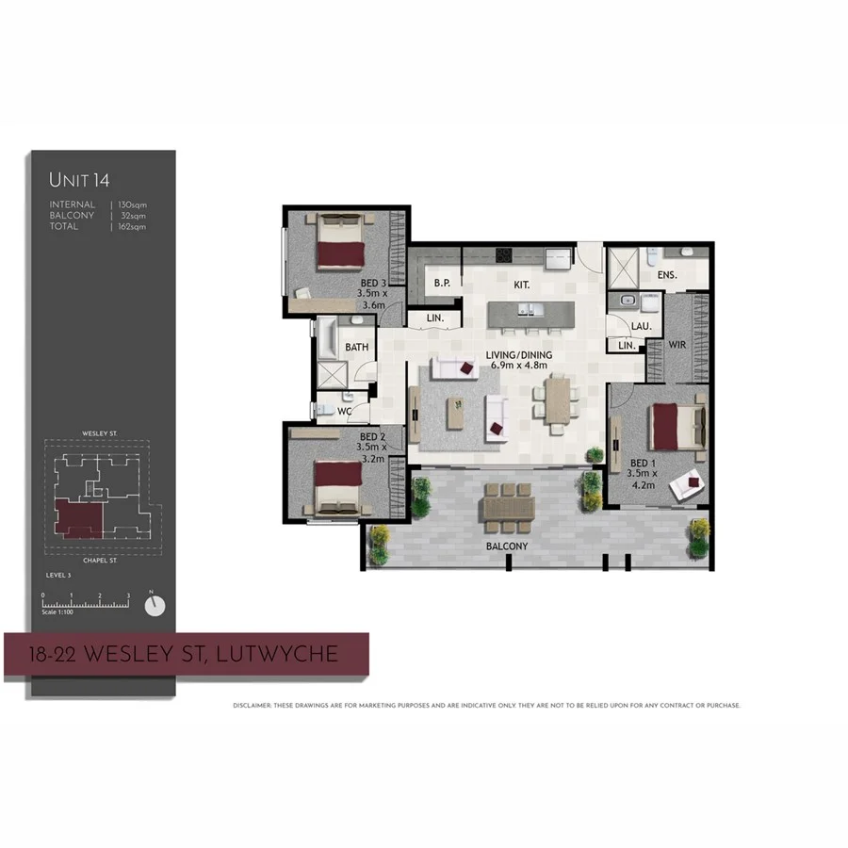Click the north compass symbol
(155, 605)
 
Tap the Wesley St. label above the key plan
(98, 434)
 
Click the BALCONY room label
(507, 546)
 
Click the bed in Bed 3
(340, 247)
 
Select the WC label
(344, 411)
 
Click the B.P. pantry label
(441, 283)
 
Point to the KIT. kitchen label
(521, 284)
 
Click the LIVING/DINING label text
(518, 355)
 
